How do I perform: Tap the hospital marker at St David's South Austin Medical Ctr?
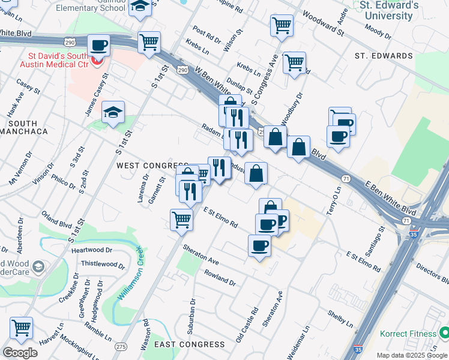click(98, 61)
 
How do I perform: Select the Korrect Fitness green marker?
click(444, 332)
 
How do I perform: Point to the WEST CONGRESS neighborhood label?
click(152, 165)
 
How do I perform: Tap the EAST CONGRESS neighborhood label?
click(189, 344)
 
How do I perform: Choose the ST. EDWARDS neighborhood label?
click(384, 56)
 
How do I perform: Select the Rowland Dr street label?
click(220, 277)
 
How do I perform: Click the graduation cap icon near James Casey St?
click(113, 113)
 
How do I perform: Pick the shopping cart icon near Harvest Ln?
click(21, 328)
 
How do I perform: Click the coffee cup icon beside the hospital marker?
click(98, 45)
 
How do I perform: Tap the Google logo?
click(20, 353)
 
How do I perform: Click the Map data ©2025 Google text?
click(411, 355)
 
